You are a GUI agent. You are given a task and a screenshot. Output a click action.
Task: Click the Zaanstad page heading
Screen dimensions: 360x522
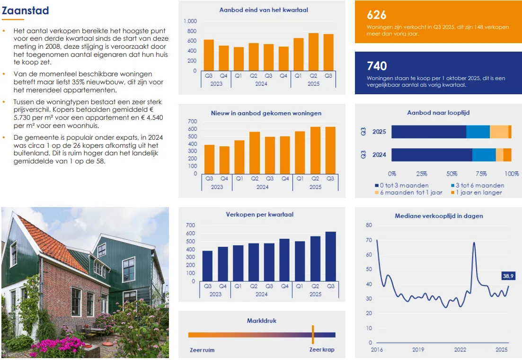(25, 10)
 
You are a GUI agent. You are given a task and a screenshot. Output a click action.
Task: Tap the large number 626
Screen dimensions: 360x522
(377, 15)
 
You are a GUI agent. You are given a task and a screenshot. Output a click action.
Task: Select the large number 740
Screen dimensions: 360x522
(377, 66)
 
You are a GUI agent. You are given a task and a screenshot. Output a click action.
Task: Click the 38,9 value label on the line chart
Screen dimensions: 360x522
(508, 276)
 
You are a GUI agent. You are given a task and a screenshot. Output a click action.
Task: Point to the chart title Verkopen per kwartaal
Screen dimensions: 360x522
(259, 215)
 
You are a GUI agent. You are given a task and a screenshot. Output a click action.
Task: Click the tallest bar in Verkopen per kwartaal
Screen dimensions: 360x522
(330, 256)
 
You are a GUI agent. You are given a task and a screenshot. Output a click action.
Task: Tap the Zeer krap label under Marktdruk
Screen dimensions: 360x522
(322, 350)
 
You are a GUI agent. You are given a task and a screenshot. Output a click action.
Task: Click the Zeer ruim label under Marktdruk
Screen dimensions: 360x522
(202, 350)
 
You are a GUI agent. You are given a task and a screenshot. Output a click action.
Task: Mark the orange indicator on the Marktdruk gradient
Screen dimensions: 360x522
(313, 334)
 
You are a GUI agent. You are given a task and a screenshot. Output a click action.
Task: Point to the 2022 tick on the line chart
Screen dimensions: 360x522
(460, 350)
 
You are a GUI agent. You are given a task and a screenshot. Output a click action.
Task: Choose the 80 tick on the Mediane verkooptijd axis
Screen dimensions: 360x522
(369, 225)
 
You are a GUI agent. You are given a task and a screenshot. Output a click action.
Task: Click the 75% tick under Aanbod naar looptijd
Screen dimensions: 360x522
(481, 173)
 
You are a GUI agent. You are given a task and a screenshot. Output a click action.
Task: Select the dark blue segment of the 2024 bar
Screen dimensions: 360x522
(432, 155)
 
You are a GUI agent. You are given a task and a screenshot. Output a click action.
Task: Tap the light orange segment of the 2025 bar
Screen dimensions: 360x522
(499, 132)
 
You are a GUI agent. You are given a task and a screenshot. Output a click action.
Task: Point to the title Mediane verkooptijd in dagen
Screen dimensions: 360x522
(439, 216)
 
